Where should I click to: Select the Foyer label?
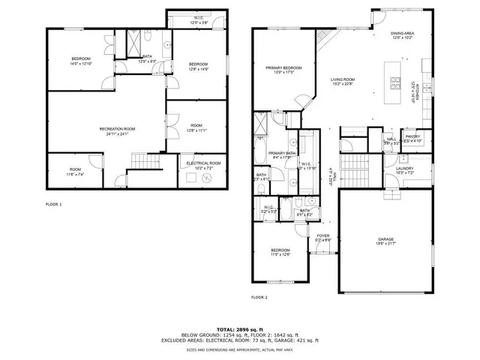[x=323, y=238]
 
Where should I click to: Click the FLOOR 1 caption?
[x=53, y=203]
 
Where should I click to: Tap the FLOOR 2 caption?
[x=259, y=297]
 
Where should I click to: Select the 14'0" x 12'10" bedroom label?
[x=81, y=60]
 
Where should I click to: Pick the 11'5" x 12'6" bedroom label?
[x=280, y=251]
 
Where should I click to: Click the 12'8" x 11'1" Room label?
[x=196, y=128]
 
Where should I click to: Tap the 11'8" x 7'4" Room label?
[x=76, y=171]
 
